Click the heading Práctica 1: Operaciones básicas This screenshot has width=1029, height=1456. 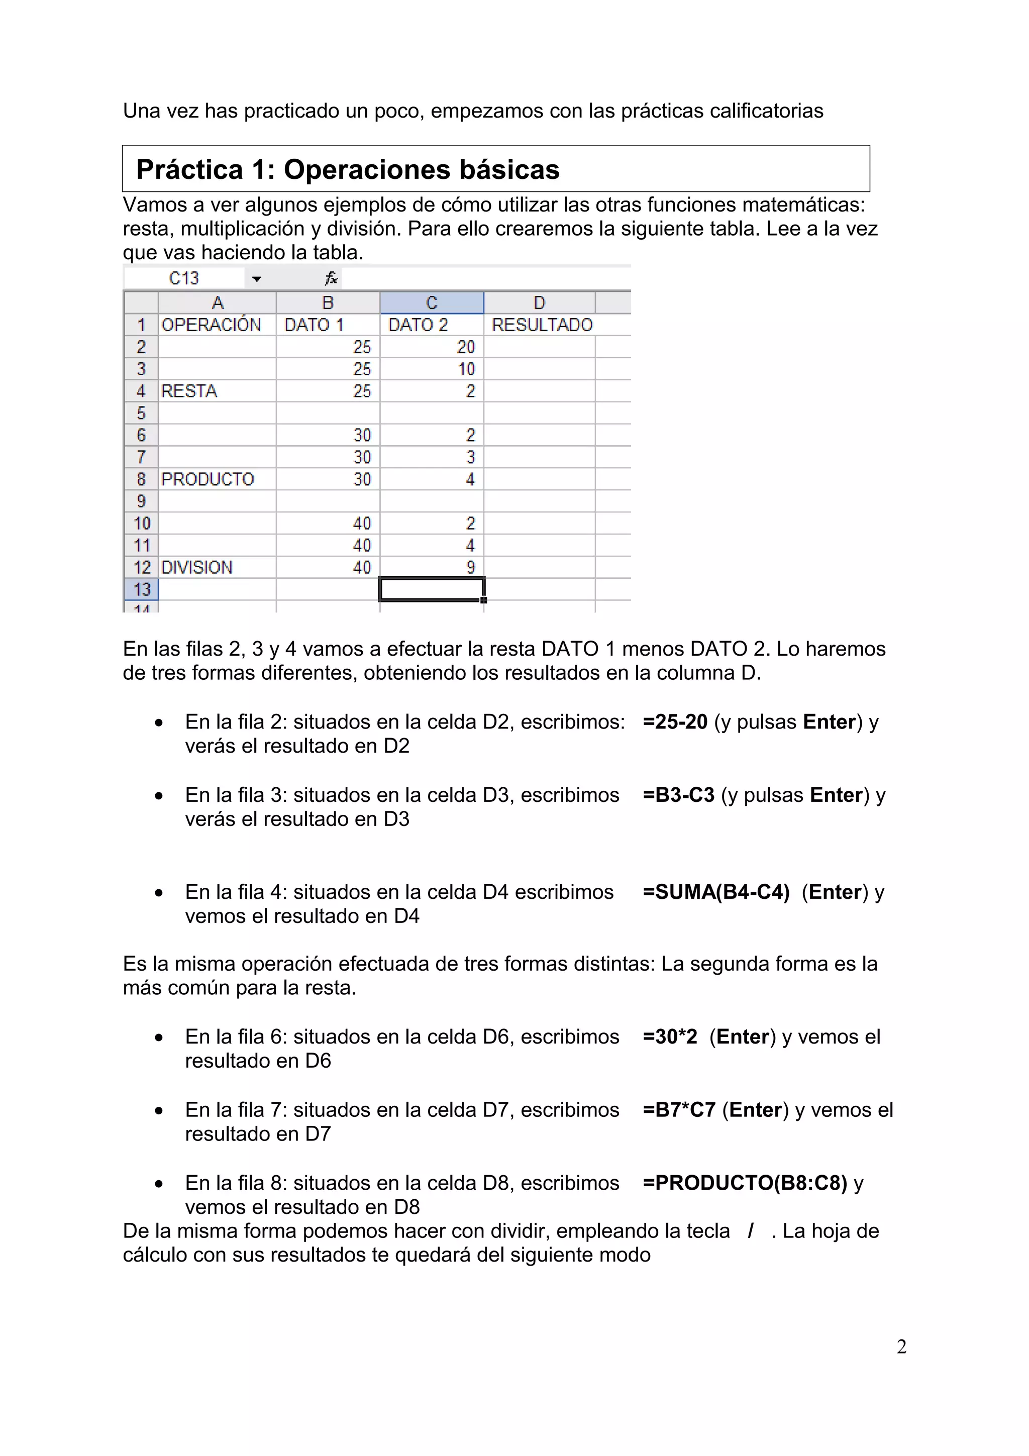coord(347,169)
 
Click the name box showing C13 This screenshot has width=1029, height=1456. coord(184,278)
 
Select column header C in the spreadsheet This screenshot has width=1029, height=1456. coord(432,302)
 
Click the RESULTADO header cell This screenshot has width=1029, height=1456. coord(542,325)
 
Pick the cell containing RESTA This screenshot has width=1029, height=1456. coord(189,391)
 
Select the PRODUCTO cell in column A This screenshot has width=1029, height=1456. coord(208,479)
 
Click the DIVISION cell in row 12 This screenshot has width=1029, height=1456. coord(196,567)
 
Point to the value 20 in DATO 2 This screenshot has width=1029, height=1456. coord(465,347)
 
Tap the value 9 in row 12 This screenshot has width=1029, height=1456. coord(470,567)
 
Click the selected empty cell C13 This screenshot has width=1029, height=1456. coord(432,589)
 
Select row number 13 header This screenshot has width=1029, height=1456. coord(141,589)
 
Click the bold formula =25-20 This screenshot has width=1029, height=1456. coord(675,721)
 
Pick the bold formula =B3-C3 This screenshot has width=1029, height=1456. coord(678,795)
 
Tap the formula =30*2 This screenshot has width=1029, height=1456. coord(670,1036)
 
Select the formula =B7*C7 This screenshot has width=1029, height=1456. coord(678,1109)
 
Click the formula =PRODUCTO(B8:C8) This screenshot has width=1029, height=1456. coord(744,1182)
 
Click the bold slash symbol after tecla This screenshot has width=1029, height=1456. coord(751,1230)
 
